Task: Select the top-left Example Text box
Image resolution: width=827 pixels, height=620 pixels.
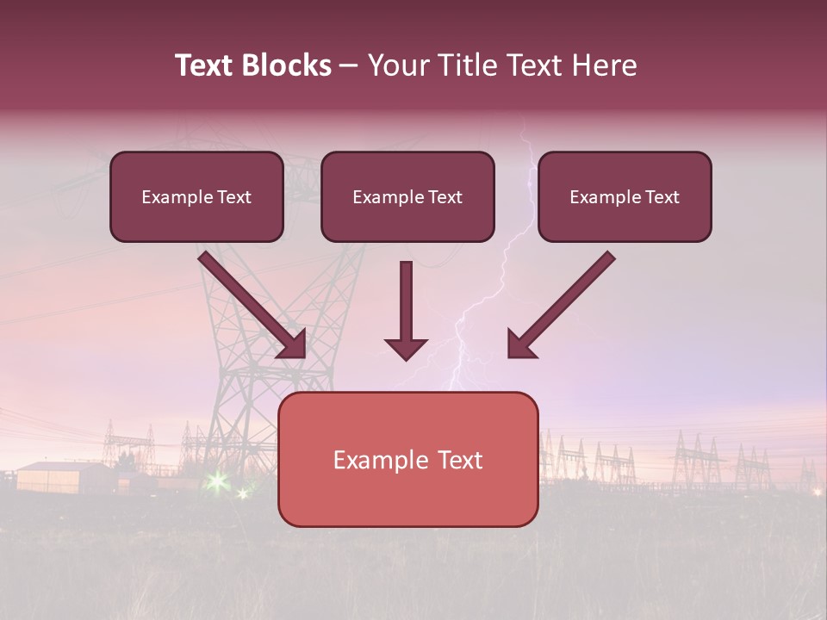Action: click(x=196, y=196)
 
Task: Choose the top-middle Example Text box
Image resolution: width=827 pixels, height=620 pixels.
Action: click(x=407, y=196)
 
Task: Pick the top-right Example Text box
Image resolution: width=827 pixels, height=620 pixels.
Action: click(x=625, y=196)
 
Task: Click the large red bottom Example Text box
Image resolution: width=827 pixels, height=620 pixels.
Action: click(x=407, y=459)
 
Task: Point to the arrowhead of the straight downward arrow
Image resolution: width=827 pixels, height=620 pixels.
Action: click(x=406, y=348)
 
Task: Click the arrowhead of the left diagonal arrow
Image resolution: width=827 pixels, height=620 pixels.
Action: click(x=294, y=344)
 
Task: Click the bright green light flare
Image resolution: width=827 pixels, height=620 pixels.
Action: click(x=217, y=480)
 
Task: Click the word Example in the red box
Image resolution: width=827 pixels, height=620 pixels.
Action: click(x=376, y=460)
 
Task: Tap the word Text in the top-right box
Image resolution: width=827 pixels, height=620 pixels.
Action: click(x=662, y=197)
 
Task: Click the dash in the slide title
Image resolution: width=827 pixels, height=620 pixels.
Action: click(x=349, y=65)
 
